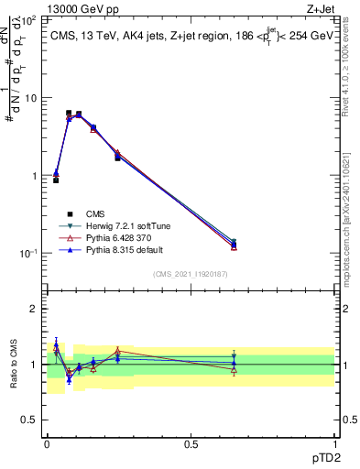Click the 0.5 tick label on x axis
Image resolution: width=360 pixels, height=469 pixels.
click(191, 443)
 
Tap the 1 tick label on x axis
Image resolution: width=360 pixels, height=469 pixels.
click(334, 443)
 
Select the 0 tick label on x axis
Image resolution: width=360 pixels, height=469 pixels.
click(47, 443)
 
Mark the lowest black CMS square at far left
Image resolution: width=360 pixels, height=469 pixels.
click(56, 180)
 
